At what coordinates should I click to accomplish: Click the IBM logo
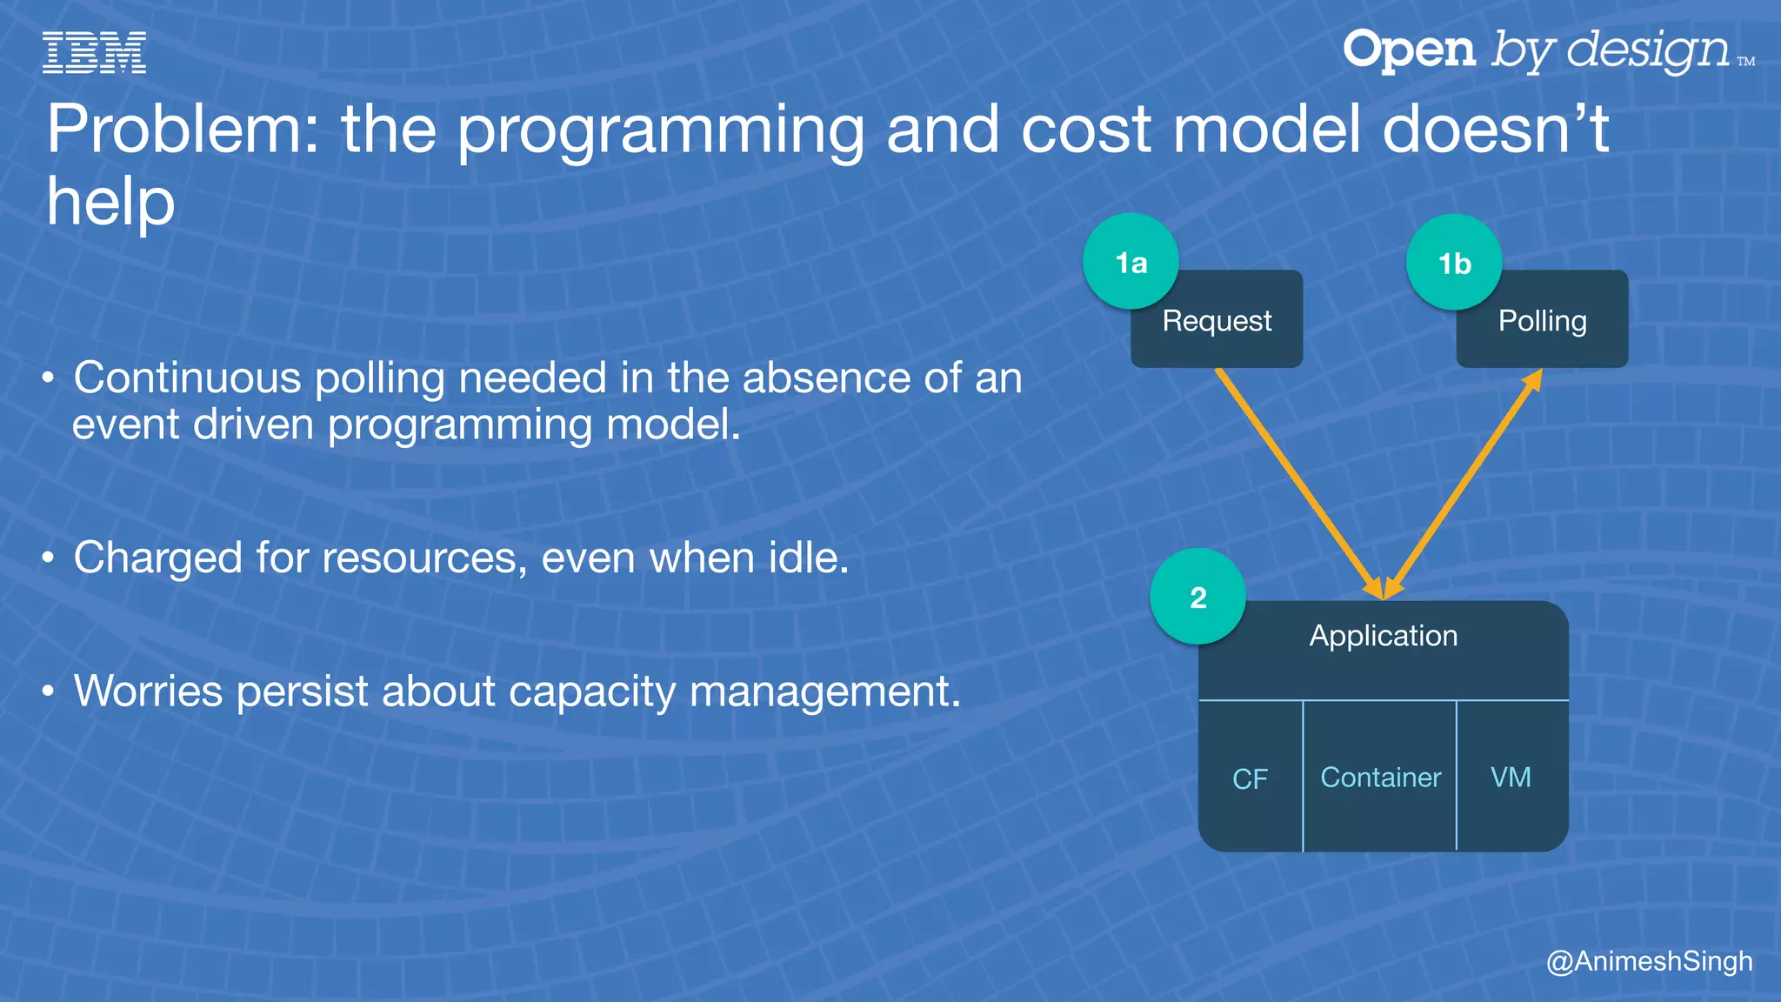[94, 52]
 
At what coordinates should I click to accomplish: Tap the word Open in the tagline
[1409, 50]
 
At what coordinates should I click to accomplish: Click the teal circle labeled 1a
[1131, 261]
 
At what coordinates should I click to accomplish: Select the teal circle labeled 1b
[1454, 262]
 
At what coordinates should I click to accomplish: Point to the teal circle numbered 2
[1197, 597]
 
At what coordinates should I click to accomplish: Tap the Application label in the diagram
[1383, 636]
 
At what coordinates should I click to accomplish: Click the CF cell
[1250, 778]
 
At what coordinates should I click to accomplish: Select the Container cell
[1380, 777]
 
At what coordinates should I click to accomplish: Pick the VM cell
[1511, 777]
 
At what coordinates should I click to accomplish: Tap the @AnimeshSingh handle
[1649, 961]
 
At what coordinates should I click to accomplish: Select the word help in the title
[110, 202]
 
